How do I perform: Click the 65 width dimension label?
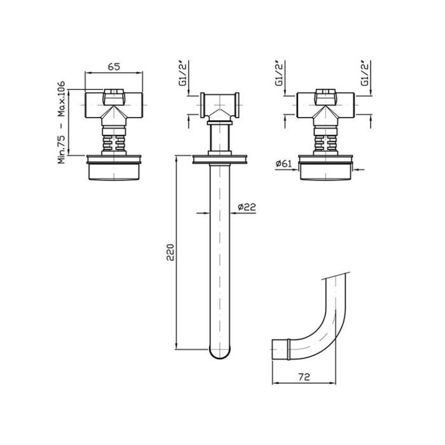click(x=114, y=67)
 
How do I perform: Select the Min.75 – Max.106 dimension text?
click(x=61, y=122)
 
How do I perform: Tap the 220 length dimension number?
click(x=170, y=252)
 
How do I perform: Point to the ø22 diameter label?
click(x=247, y=207)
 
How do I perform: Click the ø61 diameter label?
click(x=284, y=164)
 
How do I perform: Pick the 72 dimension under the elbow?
click(x=304, y=377)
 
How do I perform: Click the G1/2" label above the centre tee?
click(x=184, y=73)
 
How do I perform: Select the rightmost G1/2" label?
click(x=365, y=73)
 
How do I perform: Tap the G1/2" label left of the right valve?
click(x=280, y=73)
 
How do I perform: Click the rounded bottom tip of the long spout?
click(x=220, y=357)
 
